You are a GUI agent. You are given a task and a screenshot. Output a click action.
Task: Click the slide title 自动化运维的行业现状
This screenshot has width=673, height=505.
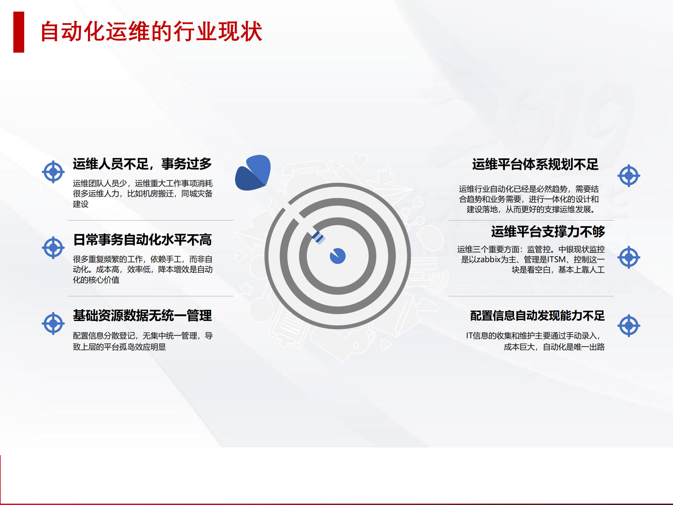coord(151,32)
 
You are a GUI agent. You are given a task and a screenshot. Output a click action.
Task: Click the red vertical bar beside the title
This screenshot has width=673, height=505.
coord(19,32)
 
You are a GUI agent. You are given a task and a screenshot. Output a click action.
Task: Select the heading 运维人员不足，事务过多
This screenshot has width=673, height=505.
coord(142,164)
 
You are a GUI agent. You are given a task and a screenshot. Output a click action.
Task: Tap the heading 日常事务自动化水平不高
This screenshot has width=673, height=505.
coord(142,240)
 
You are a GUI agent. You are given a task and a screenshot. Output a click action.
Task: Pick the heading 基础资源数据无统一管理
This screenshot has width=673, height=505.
coord(142,315)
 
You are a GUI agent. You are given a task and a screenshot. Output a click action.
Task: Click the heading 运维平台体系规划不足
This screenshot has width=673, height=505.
coord(535,164)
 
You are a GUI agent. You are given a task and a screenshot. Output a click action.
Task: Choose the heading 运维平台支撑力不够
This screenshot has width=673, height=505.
coord(548,232)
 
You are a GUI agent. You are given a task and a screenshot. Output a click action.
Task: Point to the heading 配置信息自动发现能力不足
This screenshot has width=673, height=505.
coord(537,315)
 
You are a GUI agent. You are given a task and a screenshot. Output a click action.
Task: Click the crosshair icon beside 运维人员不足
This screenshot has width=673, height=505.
coord(53,172)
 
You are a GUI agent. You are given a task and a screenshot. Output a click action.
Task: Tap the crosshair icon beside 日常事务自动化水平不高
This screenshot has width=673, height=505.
coord(53,248)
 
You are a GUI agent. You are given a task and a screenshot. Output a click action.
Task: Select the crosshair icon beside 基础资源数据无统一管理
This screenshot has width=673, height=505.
coord(53,323)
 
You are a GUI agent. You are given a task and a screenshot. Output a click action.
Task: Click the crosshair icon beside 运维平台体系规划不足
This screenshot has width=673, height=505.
coord(629,175)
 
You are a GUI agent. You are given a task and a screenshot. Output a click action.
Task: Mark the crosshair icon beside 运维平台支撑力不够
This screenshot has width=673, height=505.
coord(629,257)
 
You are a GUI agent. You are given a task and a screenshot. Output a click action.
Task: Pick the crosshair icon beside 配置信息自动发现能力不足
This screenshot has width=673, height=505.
coord(629,326)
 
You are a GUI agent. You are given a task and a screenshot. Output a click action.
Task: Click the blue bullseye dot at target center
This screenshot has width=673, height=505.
coord(338,256)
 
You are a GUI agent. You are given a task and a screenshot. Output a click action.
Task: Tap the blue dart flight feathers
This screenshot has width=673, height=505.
coord(253,172)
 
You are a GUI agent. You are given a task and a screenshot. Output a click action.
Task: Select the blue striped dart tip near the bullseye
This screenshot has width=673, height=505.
coord(318,238)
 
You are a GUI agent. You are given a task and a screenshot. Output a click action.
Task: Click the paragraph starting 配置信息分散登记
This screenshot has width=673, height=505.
coord(142,341)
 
